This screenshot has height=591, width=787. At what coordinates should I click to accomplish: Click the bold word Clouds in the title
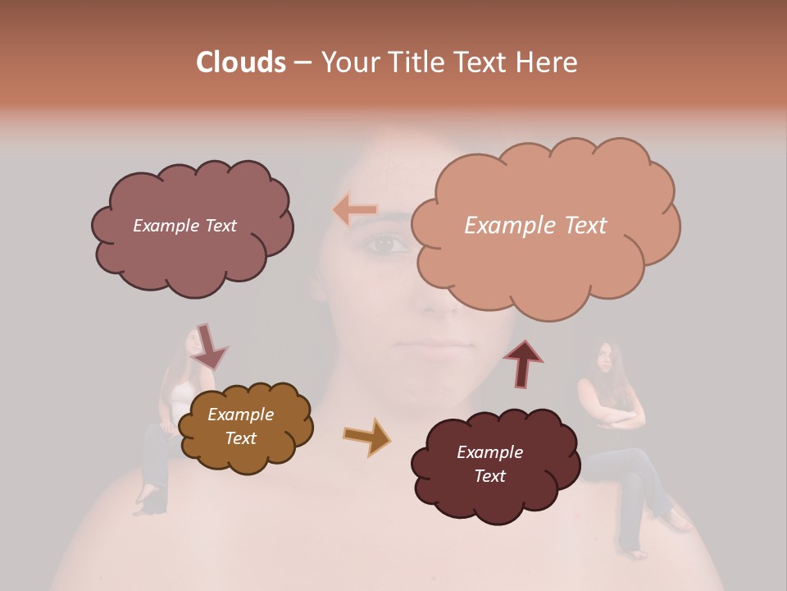coord(240,62)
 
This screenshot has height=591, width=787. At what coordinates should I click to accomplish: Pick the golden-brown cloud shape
coord(244,427)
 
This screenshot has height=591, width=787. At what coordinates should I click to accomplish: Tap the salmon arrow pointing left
coord(354,210)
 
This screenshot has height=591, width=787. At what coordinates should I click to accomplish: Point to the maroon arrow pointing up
coord(523,363)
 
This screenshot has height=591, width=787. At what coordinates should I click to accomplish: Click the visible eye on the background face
coord(386,244)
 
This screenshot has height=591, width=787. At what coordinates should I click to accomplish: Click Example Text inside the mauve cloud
coord(184,226)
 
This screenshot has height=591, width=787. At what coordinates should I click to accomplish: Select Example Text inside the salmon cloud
coord(535,226)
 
